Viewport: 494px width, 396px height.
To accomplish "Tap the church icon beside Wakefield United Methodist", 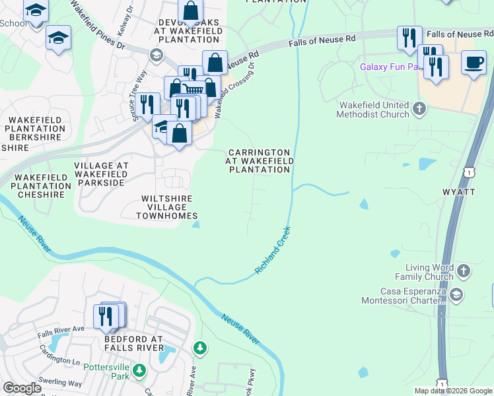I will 419,108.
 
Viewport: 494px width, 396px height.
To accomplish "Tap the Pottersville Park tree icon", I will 139,371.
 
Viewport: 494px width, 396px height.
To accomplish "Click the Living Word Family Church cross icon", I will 463,271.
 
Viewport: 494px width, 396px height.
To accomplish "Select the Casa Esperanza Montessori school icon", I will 456,294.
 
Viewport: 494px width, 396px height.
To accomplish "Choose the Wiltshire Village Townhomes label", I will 167,207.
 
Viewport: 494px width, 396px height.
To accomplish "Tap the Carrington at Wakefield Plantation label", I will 259,160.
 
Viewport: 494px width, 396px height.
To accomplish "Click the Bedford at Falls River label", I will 133,343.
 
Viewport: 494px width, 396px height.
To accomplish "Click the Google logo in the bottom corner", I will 22,388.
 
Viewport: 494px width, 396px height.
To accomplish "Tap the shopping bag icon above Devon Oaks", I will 190,11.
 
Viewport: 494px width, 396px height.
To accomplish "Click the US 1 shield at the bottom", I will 441,383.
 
